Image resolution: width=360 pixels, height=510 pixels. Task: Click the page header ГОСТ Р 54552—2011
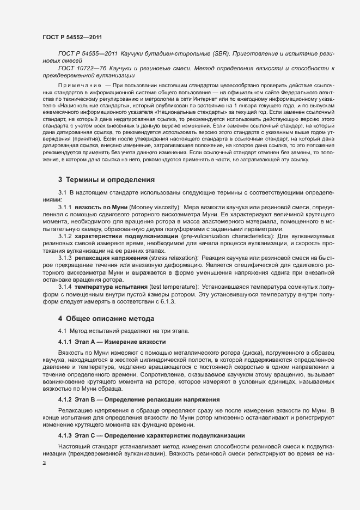tap(72, 37)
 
